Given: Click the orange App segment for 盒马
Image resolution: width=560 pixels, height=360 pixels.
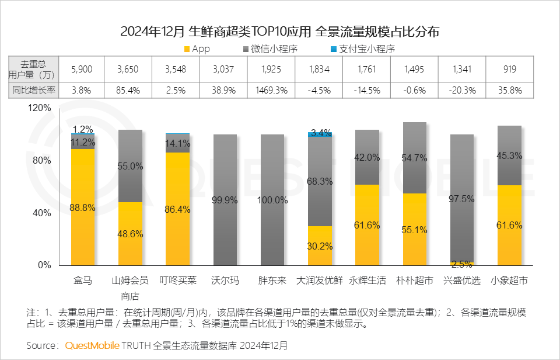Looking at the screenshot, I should (82, 207).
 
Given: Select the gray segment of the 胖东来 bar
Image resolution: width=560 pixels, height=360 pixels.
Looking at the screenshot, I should (272, 200).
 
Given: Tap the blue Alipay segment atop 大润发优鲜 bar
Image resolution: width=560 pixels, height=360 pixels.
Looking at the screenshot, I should (319, 134).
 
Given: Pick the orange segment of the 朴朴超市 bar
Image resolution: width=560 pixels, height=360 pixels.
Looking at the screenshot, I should (414, 229).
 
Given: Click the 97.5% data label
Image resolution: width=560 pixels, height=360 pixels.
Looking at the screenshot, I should (461, 199).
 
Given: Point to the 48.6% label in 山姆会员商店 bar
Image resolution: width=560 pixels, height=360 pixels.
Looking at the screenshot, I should (130, 234).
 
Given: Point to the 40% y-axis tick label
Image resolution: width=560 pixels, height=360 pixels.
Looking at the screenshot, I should (42, 213).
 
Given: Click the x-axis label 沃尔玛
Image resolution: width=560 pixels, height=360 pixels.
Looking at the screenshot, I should (225, 281).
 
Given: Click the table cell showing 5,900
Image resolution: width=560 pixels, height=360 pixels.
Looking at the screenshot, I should (81, 70).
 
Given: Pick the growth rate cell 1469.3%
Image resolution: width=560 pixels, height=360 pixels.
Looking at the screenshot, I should (272, 91).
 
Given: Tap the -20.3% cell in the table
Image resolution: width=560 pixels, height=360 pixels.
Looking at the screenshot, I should (461, 91).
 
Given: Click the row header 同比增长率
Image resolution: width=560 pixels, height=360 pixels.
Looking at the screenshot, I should (34, 91).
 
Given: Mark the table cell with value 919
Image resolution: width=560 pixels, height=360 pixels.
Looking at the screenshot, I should (509, 70).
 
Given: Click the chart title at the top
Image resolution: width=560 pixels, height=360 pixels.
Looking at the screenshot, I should (279, 31).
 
